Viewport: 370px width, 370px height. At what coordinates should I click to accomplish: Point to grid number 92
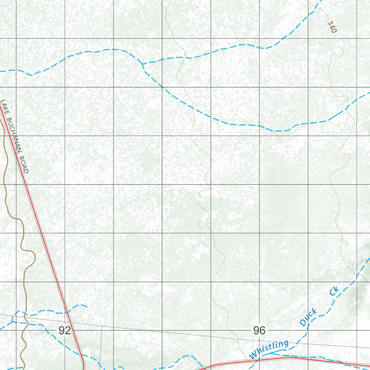[65, 330]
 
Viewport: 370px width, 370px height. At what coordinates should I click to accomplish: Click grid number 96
[259, 330]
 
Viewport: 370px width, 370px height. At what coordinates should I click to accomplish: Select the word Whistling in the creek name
[269, 350]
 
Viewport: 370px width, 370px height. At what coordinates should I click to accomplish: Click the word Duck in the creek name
[308, 317]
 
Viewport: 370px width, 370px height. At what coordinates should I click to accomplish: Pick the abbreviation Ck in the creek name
[334, 291]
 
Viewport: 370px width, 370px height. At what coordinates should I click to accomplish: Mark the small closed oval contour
[201, 224]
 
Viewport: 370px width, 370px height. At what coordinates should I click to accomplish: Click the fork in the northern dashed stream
[143, 64]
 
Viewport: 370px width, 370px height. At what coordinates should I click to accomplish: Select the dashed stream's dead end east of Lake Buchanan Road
[87, 306]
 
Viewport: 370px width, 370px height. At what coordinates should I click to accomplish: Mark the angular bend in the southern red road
[291, 357]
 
